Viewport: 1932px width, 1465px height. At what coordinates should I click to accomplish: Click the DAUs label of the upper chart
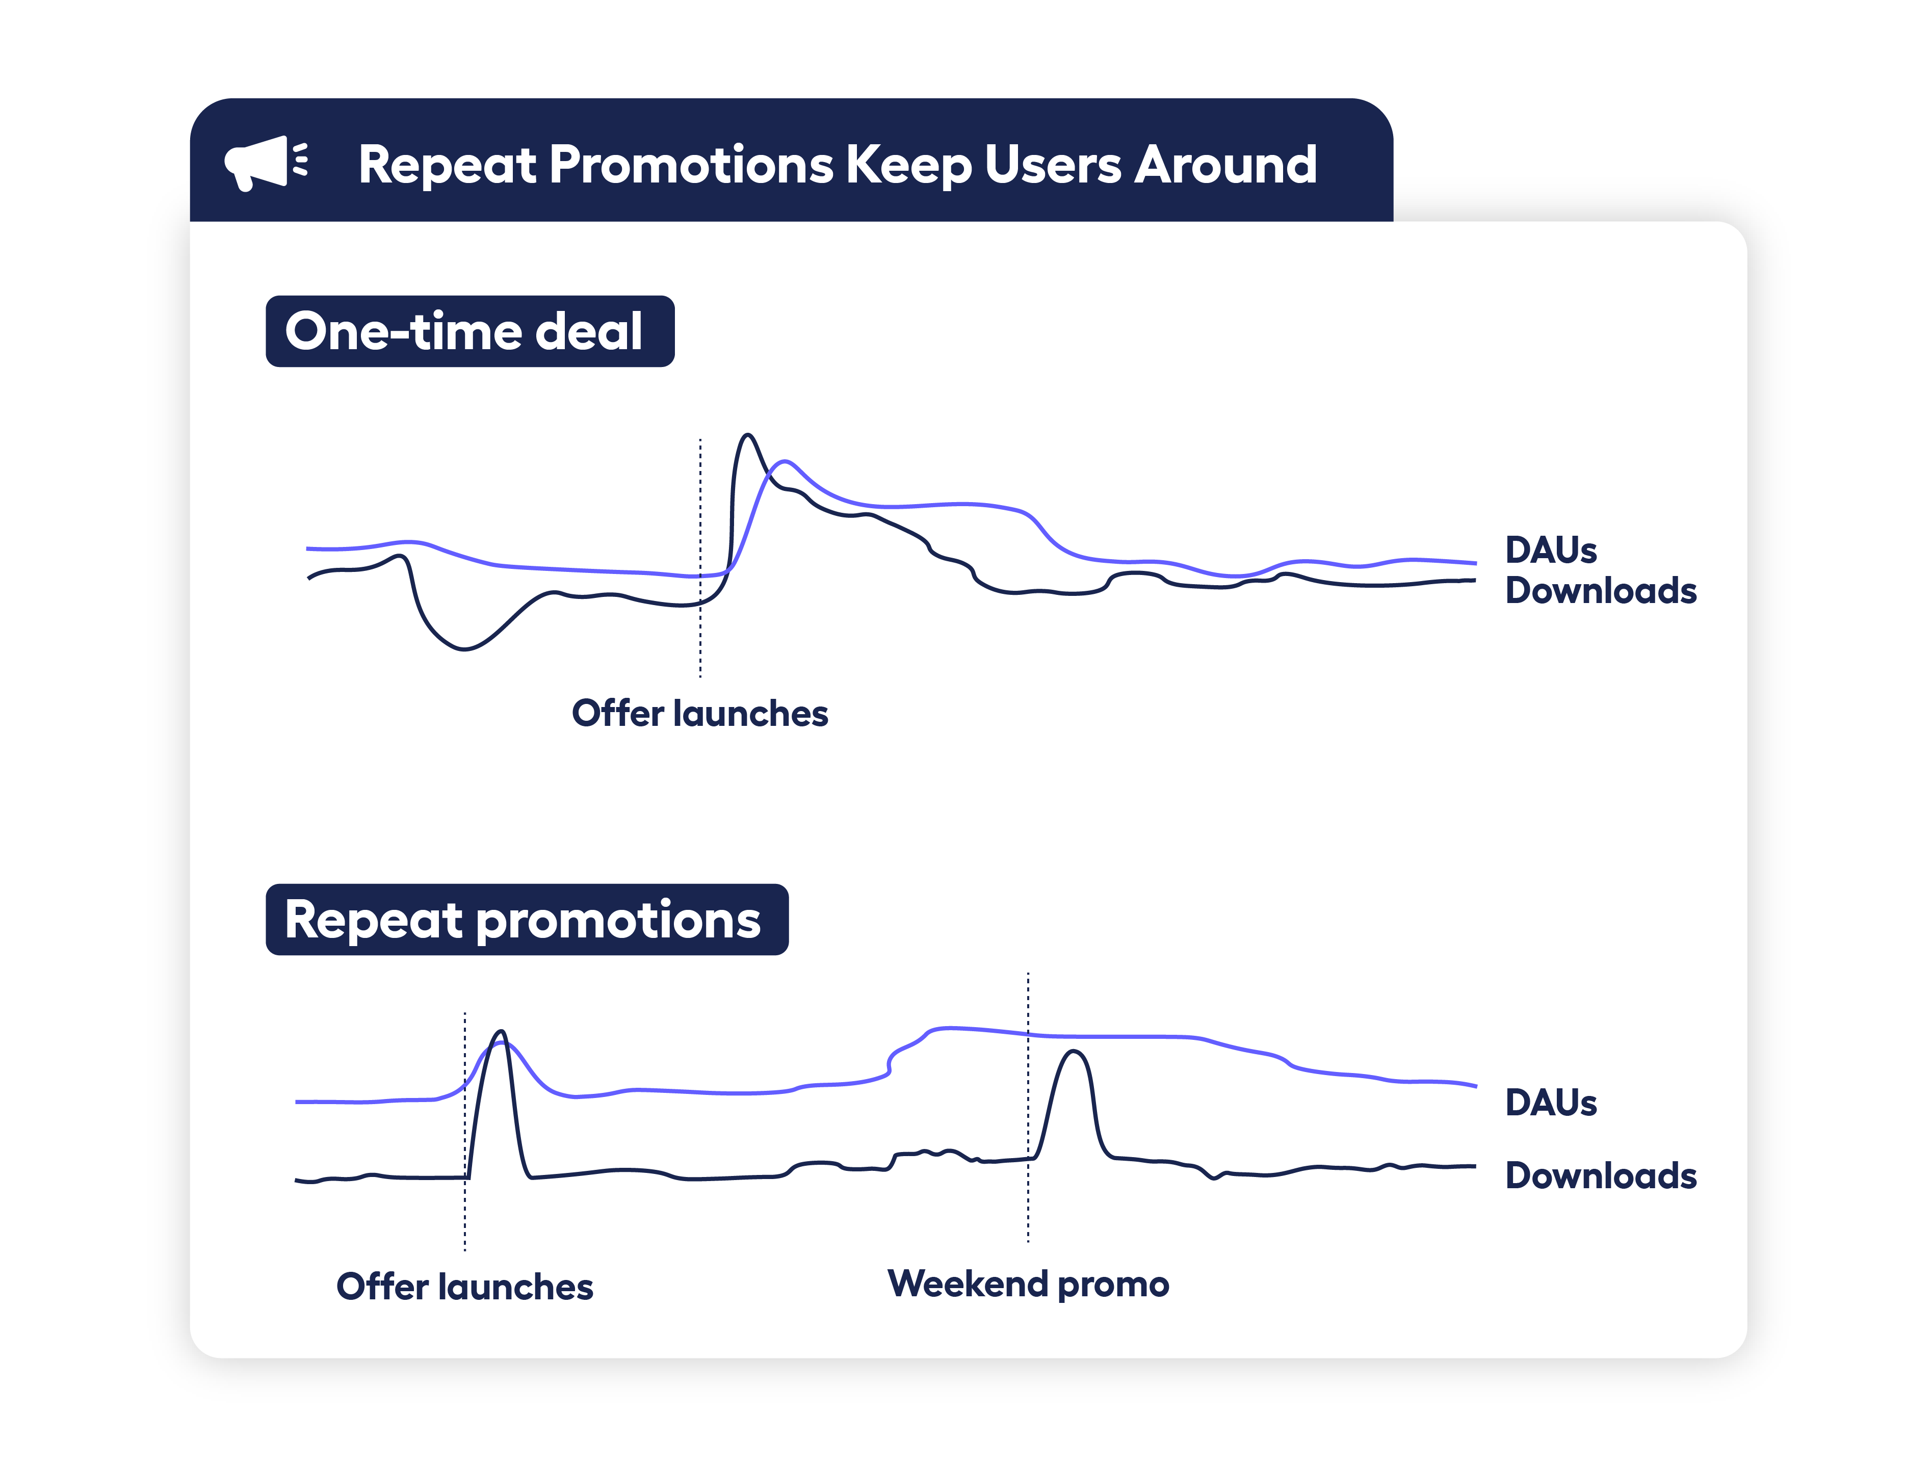pyautogui.click(x=1550, y=551)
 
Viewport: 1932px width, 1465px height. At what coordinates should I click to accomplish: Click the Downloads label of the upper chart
pyautogui.click(x=1600, y=591)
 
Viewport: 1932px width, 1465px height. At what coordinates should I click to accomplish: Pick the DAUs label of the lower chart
pyautogui.click(x=1550, y=1103)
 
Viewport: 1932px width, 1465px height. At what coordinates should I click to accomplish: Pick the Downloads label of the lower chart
pyautogui.click(x=1600, y=1176)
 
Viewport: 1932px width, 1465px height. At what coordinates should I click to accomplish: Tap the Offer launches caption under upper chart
pyautogui.click(x=699, y=713)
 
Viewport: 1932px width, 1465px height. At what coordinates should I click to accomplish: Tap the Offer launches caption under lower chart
pyautogui.click(x=465, y=1286)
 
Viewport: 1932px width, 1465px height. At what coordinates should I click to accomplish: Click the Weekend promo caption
pyautogui.click(x=1028, y=1284)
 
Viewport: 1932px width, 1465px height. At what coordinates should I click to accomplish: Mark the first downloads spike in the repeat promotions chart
pyautogui.click(x=501, y=1033)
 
